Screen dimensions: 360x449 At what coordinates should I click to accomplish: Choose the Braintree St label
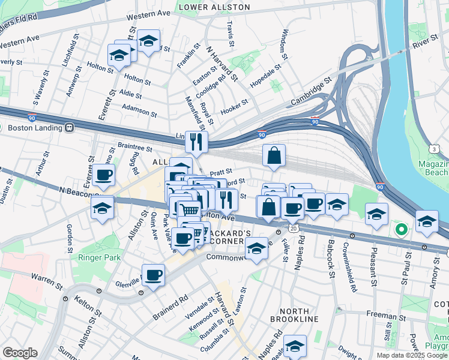(x=135, y=146)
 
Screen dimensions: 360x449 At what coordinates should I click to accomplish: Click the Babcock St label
(x=331, y=260)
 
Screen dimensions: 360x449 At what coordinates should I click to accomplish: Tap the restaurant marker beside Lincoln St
(x=196, y=142)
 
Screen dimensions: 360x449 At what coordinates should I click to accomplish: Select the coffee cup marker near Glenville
(x=154, y=275)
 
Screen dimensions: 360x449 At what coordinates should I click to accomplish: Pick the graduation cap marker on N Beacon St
(x=103, y=208)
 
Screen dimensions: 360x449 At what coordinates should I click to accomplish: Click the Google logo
(x=20, y=352)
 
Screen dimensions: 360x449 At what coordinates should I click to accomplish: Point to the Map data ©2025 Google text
(x=411, y=355)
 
